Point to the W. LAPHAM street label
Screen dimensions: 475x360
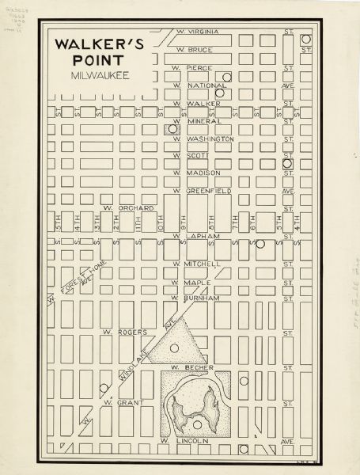coord(197,236)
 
